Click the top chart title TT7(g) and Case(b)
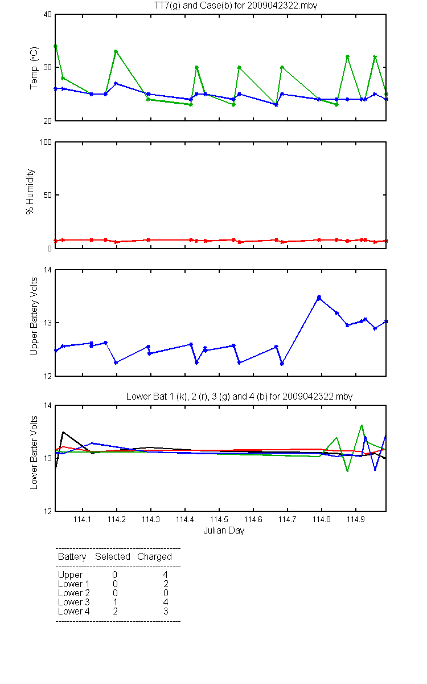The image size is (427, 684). (236, 6)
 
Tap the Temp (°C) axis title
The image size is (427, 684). (34, 68)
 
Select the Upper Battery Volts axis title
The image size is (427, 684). (34, 316)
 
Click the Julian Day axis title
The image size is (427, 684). (224, 531)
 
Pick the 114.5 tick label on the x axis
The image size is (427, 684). (219, 519)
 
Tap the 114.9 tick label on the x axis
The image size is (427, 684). (356, 519)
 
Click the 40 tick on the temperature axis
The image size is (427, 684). (48, 14)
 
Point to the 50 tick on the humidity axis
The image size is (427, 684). (48, 195)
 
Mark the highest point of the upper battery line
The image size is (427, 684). (319, 297)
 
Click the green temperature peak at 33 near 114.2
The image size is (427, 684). (116, 51)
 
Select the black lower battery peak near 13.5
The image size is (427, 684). (63, 432)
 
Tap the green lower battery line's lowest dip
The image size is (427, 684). (347, 471)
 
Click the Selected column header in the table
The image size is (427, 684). (113, 557)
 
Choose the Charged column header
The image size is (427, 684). (154, 557)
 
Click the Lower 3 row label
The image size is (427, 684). (74, 602)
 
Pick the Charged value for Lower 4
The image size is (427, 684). (166, 611)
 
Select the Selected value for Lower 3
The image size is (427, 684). (115, 602)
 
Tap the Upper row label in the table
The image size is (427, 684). (70, 575)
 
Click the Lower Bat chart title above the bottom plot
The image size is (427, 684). (240, 396)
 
